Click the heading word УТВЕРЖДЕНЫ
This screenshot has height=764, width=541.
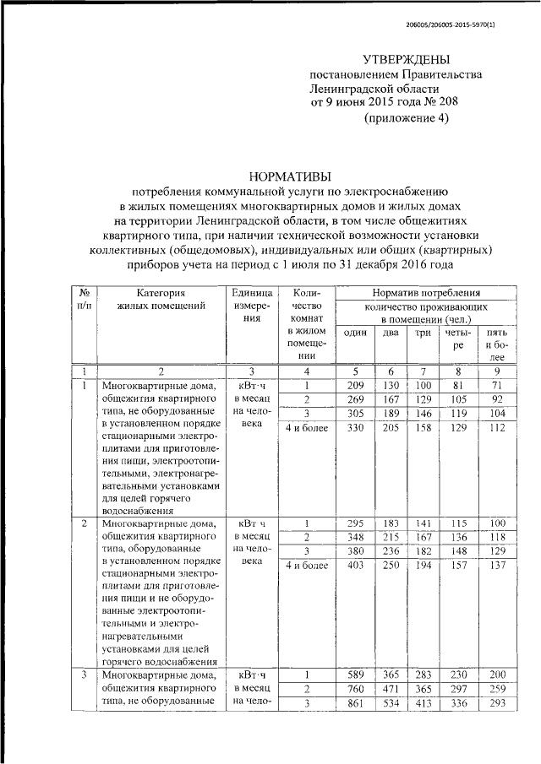(x=406, y=59)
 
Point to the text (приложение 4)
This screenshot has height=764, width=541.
(x=407, y=118)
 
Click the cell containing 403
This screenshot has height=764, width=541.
(x=355, y=566)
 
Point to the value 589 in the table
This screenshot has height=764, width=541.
(x=355, y=674)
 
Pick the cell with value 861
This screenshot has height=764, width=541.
(x=355, y=704)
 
